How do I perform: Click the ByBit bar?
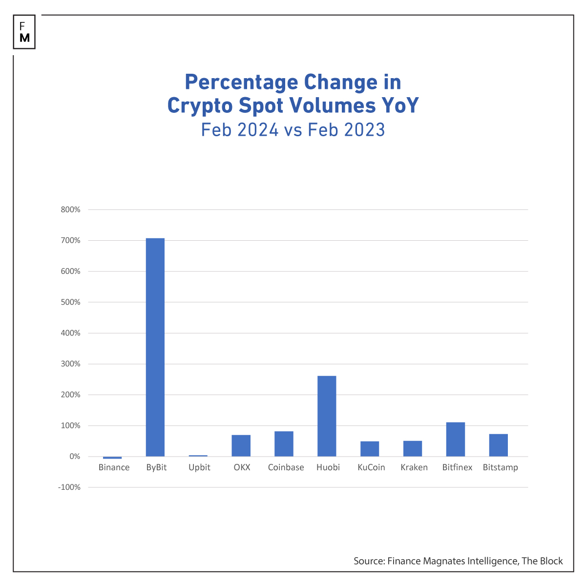pos(155,347)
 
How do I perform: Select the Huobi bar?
pos(327,416)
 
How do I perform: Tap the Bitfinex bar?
pos(455,439)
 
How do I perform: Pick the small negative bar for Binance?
pos(112,458)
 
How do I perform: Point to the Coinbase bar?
pos(284,443)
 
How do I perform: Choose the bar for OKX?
pos(241,445)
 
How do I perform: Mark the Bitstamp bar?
pos(498,445)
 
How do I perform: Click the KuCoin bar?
pos(370,449)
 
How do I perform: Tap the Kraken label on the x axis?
pos(414,467)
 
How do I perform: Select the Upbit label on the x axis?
pos(199,467)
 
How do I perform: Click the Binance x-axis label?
pos(114,467)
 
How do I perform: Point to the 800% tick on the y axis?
pos(70,209)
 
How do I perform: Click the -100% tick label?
pos(68,487)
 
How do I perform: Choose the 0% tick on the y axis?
pos(74,457)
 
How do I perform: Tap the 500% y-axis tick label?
pos(70,302)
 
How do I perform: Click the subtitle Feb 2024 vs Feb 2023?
pos(293,130)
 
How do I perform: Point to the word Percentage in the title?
pos(241,82)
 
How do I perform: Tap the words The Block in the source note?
pos(542,561)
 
